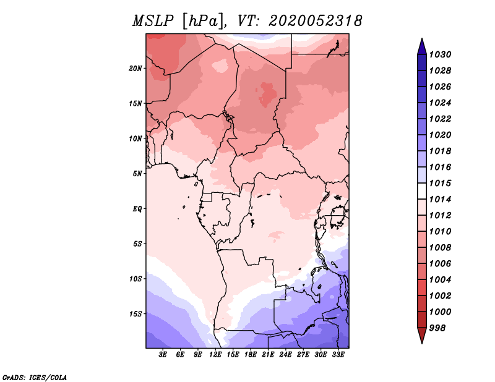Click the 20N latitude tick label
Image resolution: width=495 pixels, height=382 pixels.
(136, 68)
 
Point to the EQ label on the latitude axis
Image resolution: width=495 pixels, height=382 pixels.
(137, 208)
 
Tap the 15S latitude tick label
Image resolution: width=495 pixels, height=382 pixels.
(136, 313)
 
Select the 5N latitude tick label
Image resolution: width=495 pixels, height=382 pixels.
(137, 174)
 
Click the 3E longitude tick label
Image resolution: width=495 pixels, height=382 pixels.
(163, 354)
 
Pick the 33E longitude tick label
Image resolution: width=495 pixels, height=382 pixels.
(338, 354)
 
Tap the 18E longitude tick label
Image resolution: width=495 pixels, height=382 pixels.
(251, 354)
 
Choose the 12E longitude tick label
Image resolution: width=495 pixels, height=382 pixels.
(216, 354)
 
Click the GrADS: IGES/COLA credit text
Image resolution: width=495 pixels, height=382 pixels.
(34, 376)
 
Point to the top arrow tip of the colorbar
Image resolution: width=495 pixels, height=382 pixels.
(421, 40)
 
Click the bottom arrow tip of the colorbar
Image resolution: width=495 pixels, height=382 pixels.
(421, 342)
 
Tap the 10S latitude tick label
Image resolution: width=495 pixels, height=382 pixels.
(136, 279)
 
